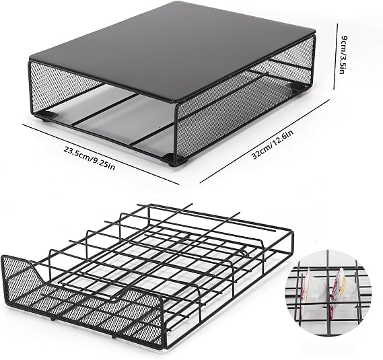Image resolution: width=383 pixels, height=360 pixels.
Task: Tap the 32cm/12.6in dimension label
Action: click(x=273, y=145)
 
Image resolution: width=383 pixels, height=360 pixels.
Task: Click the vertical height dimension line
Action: click(x=336, y=57)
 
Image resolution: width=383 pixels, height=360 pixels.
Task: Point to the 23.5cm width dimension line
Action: click(x=101, y=154)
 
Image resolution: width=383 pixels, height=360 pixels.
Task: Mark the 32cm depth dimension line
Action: click(x=265, y=141)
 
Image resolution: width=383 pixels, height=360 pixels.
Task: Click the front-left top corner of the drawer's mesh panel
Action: click(x=3, y=256)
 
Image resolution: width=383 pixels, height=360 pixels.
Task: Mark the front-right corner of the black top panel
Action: click(x=175, y=102)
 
